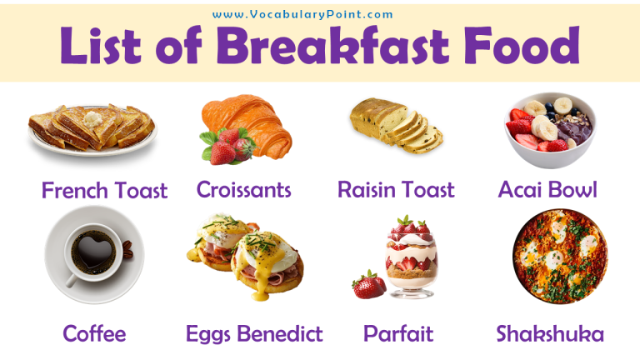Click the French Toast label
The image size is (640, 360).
point(104,190)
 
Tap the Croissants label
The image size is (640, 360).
point(243,189)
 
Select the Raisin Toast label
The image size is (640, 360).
point(396,189)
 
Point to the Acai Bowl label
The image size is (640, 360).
point(547,189)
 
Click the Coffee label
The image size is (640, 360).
point(94,334)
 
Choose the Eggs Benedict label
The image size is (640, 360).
point(254,334)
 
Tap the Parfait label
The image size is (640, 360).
point(398,334)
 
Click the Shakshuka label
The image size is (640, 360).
point(550,334)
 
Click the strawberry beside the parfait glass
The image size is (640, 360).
point(368,283)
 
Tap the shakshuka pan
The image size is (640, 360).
point(559,255)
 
